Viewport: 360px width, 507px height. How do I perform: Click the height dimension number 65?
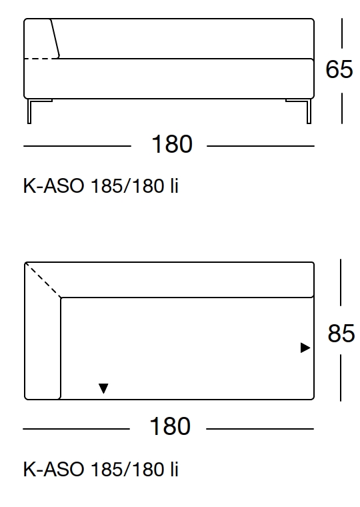339,69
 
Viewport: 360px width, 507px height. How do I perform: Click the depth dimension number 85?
341,333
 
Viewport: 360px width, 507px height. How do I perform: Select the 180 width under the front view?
172,145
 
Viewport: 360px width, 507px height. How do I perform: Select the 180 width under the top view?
171,426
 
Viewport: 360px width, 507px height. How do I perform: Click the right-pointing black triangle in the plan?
305,348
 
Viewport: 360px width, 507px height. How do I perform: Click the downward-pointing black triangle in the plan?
103,388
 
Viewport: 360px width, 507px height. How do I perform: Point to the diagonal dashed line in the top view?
44,282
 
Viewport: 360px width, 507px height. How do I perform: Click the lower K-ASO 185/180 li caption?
101,470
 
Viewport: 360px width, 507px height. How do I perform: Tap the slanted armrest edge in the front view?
55,39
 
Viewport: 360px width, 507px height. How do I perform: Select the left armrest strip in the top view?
43,347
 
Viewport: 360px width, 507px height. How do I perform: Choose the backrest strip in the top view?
187,280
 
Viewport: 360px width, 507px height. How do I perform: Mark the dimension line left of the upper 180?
77,145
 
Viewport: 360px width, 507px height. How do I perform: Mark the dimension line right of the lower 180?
260,427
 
